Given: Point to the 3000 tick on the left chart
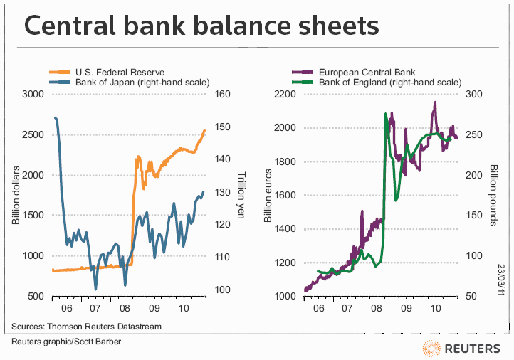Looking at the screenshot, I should click(33, 95).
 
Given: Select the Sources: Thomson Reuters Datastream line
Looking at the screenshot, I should click(86, 327).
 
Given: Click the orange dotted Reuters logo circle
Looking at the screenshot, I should click(431, 348).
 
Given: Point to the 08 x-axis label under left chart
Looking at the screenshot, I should click(125, 310).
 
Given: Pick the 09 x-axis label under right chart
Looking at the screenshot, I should click(405, 310).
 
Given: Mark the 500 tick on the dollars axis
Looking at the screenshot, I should click(36, 296).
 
